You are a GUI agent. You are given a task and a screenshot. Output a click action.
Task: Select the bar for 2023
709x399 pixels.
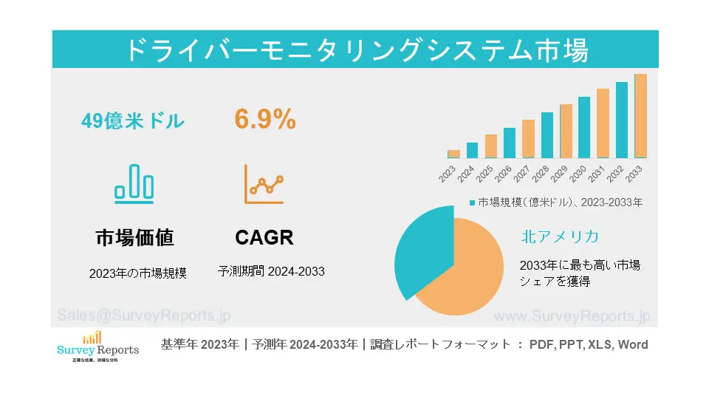click(x=453, y=154)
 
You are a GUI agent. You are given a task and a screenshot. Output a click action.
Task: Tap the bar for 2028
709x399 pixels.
click(x=547, y=135)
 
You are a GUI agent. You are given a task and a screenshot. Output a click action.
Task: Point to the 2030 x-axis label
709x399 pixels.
click(x=578, y=174)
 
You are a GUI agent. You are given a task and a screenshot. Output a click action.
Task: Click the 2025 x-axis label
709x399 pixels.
click(x=485, y=174)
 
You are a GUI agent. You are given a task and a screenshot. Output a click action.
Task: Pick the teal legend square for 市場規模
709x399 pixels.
click(x=472, y=202)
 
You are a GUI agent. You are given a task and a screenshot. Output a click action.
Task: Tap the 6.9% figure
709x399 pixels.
click(x=265, y=119)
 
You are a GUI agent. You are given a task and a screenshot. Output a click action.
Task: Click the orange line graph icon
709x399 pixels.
click(x=264, y=185)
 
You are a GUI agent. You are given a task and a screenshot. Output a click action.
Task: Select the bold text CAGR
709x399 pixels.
click(x=264, y=237)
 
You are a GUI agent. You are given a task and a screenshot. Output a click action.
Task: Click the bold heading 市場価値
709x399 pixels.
click(x=135, y=237)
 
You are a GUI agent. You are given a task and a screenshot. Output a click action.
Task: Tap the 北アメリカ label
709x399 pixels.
click(x=559, y=236)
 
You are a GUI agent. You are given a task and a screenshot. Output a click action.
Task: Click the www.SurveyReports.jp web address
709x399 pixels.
click(x=571, y=316)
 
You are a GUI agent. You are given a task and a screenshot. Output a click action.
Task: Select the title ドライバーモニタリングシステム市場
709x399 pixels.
click(x=354, y=50)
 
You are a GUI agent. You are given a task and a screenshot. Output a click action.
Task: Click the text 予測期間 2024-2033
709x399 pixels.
click(x=271, y=271)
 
